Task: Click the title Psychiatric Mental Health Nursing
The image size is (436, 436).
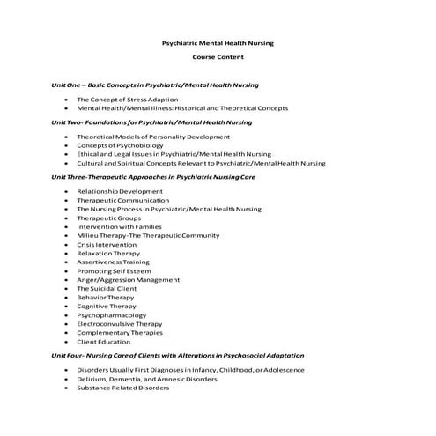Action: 218,41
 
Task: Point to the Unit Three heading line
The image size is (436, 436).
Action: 154,177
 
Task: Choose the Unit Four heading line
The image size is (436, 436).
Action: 179,355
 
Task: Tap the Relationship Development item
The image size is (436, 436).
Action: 120,191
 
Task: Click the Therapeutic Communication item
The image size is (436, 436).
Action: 122,200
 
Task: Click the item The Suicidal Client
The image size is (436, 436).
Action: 107,288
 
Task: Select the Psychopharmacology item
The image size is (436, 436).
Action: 113,314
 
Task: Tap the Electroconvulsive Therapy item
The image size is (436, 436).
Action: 120,323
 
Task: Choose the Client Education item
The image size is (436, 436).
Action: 109,342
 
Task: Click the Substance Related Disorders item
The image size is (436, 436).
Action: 122,388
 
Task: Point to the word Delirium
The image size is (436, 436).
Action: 91,379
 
